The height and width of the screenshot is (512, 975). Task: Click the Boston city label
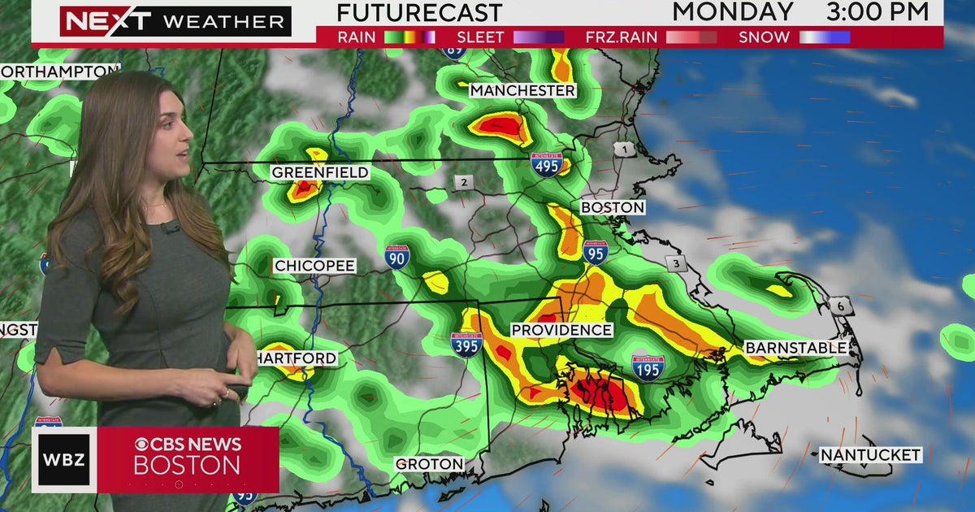point(613,208)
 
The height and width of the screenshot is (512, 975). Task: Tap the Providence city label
point(561,330)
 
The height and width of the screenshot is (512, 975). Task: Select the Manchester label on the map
point(523,90)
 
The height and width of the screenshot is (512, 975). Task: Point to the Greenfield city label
point(320,172)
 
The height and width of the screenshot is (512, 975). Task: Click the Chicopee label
point(314,266)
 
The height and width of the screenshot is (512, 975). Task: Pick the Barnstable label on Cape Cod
point(796,348)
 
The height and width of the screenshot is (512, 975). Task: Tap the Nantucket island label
point(870,455)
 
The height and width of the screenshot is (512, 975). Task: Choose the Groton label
point(430,464)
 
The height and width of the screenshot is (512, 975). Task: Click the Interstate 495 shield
point(547,165)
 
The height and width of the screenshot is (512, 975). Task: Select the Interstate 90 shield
point(397,257)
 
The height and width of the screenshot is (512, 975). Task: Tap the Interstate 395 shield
point(466,344)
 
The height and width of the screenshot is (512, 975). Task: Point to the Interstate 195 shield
point(648,367)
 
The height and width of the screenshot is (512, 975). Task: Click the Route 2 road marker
point(463,183)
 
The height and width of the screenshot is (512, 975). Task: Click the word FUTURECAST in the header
point(419,13)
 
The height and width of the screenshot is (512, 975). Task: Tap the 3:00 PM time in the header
point(877,11)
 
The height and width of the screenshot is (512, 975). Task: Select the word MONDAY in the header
point(733,11)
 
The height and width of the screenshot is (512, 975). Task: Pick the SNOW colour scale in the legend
point(825,37)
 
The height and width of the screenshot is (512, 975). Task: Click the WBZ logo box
point(64,460)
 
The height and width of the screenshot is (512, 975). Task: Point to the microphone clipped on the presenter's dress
point(171,228)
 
